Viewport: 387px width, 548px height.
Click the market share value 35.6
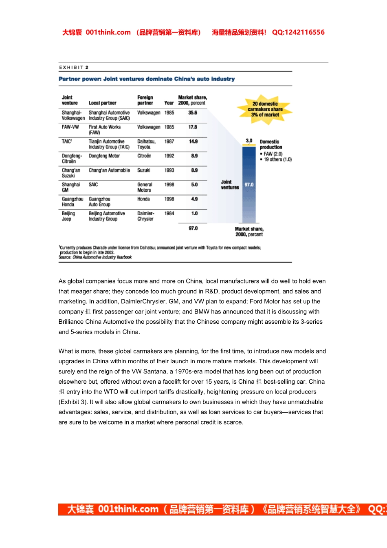[x=193, y=113]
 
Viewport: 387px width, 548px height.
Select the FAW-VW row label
[x=70, y=127]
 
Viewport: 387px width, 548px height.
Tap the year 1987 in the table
[x=169, y=141]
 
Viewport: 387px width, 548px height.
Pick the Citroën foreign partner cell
[x=144, y=156]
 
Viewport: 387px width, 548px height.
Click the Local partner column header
[x=103, y=103]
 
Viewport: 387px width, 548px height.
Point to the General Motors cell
[x=145, y=188]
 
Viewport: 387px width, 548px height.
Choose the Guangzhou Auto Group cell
[x=99, y=202]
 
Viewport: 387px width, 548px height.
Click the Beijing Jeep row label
[x=68, y=216]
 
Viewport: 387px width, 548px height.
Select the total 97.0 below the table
[x=193, y=228]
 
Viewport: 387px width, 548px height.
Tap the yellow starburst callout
[x=265, y=109]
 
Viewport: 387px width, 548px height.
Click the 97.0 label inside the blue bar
[x=249, y=185]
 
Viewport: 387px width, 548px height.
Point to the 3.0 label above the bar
[x=249, y=141]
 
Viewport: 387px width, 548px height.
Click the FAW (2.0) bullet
[x=273, y=154]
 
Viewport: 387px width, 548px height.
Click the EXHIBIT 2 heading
[x=74, y=68]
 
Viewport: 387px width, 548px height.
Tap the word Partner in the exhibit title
[x=69, y=79]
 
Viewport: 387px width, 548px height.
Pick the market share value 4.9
[x=194, y=199]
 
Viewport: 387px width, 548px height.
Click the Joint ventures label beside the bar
[x=230, y=185]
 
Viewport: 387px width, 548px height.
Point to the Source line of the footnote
[x=95, y=257]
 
